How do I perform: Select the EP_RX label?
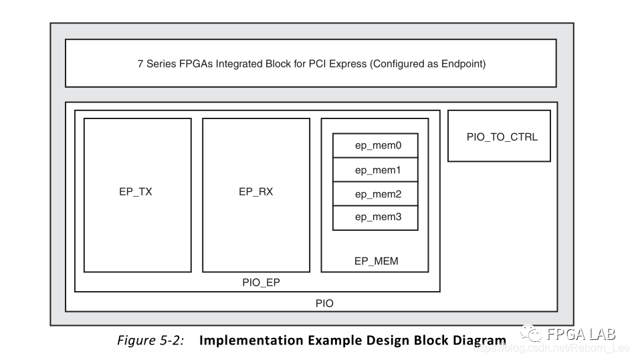point(255,191)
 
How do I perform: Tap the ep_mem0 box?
point(375,145)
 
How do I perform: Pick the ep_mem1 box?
point(375,170)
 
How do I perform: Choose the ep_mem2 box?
point(375,194)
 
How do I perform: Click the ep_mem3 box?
point(375,217)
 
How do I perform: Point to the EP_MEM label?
point(376,261)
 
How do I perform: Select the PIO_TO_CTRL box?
point(499,137)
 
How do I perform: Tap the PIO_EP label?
point(261,282)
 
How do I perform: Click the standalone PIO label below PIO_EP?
point(324,303)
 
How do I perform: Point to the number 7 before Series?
point(140,65)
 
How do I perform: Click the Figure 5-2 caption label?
point(150,340)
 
